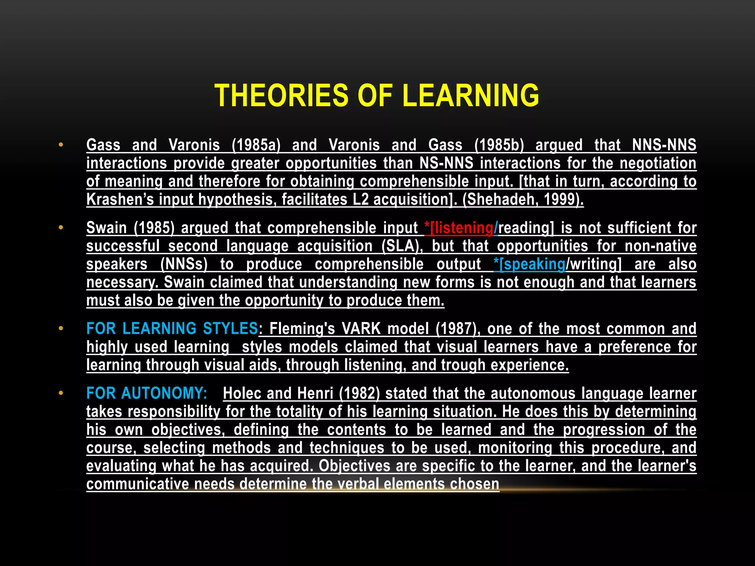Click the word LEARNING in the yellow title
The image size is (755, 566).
(x=471, y=95)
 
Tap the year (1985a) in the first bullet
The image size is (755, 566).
(x=256, y=145)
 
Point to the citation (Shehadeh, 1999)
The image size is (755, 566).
(x=523, y=199)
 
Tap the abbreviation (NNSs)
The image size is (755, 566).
(x=184, y=264)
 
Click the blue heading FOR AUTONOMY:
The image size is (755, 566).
(x=147, y=393)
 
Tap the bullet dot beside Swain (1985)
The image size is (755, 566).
(x=61, y=227)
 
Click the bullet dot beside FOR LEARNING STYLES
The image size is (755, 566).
(x=61, y=328)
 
